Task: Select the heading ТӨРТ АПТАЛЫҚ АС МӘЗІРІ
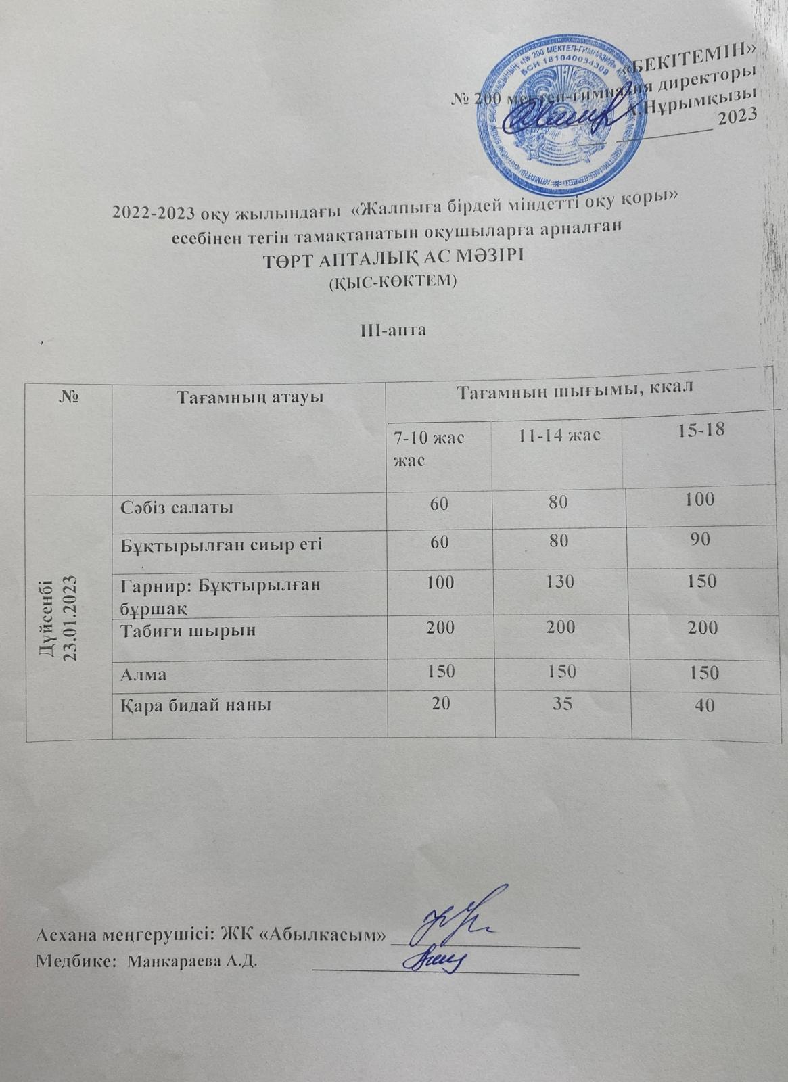point(393,259)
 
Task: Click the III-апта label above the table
point(394,331)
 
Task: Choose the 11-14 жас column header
point(559,434)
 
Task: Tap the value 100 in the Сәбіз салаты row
point(699,500)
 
